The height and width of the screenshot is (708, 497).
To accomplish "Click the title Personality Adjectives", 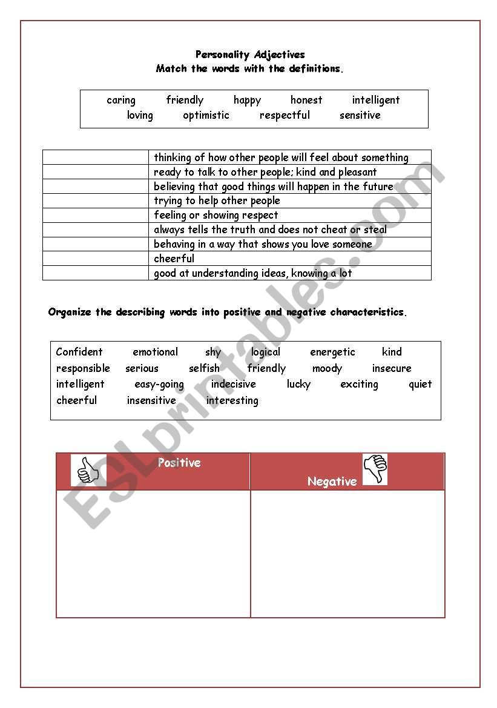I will point(250,55).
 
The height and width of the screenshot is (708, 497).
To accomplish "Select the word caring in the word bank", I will point(121,101).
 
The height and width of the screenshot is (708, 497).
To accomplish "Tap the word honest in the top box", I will point(306,101).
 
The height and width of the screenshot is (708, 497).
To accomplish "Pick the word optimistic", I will point(206,115).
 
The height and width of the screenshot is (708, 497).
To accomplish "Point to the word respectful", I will point(285,115).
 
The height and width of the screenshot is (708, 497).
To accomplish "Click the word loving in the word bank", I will point(140,115).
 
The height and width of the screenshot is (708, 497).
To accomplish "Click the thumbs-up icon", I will point(88,471).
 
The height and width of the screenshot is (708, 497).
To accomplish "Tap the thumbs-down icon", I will point(375,469).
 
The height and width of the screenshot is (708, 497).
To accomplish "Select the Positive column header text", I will point(179,463).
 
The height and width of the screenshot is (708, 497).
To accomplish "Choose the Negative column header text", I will point(332,481).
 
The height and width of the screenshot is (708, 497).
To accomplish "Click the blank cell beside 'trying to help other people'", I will point(96,200).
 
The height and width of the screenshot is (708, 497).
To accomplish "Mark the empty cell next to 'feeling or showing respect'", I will point(96,215).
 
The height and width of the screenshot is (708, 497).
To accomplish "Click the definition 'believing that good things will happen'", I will point(274,187).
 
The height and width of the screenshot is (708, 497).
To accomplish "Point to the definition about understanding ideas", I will point(252,273).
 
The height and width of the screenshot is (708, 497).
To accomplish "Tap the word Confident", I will point(79,352).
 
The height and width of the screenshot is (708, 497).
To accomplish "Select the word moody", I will point(327,368).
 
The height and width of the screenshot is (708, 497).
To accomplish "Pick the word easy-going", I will point(159,384).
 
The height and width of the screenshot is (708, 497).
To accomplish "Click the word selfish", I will point(204,368).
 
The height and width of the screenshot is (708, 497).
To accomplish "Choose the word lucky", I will point(298,384).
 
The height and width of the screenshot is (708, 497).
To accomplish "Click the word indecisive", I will point(233,384).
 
